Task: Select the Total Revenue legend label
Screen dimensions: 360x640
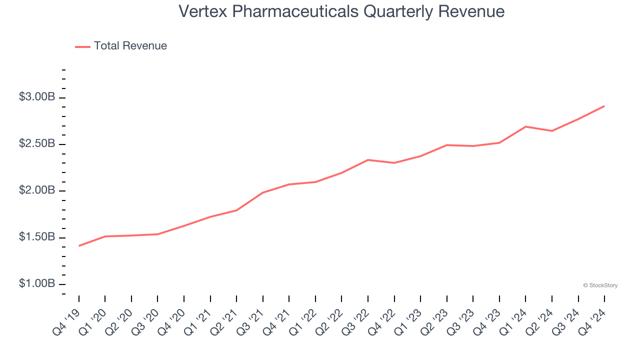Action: tap(130, 46)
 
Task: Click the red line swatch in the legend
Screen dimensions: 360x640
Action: tap(82, 46)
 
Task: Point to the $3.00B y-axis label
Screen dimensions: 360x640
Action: tap(36, 97)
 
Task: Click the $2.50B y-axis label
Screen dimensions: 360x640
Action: tap(36, 144)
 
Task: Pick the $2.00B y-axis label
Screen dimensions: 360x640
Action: tap(36, 190)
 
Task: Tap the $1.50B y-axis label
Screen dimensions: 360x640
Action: tap(36, 237)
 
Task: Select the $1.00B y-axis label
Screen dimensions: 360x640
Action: tap(36, 283)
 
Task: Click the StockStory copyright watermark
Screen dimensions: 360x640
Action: tap(600, 285)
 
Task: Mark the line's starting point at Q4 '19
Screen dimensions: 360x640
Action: tap(79, 246)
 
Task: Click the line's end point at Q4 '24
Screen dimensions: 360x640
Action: tap(604, 106)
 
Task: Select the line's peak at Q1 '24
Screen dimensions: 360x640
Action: tap(525, 126)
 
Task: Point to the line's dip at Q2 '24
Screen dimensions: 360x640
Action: tap(552, 131)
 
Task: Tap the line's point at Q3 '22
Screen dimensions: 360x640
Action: tap(368, 160)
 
